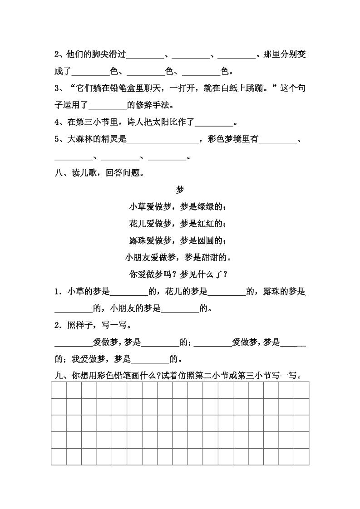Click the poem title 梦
click(179, 190)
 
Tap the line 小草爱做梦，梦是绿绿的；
click(178, 207)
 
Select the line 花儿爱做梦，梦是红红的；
click(178, 224)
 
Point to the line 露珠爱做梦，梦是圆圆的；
click(178, 240)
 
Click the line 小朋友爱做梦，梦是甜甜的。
click(178, 258)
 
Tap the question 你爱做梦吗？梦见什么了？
click(178, 274)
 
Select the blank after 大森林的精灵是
click(163, 140)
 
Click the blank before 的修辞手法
click(108, 106)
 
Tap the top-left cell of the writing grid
click(59, 390)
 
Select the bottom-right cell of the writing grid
click(301, 456)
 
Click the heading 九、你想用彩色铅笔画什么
click(104, 376)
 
